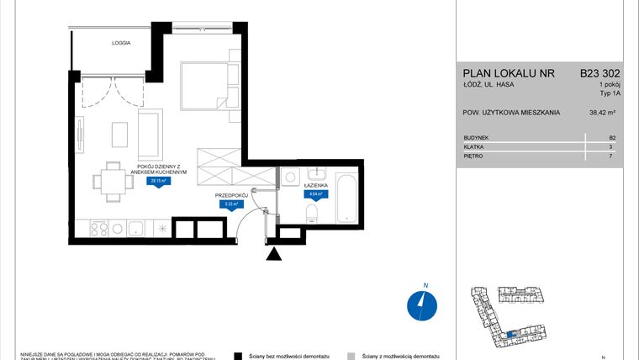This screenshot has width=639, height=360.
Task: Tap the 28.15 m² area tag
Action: coord(156,180)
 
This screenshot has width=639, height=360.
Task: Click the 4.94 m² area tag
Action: coord(314,193)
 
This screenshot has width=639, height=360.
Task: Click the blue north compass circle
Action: coord(420,305)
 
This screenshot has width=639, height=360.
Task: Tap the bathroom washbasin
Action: coord(316,177)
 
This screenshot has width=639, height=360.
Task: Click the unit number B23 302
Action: coord(599,73)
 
